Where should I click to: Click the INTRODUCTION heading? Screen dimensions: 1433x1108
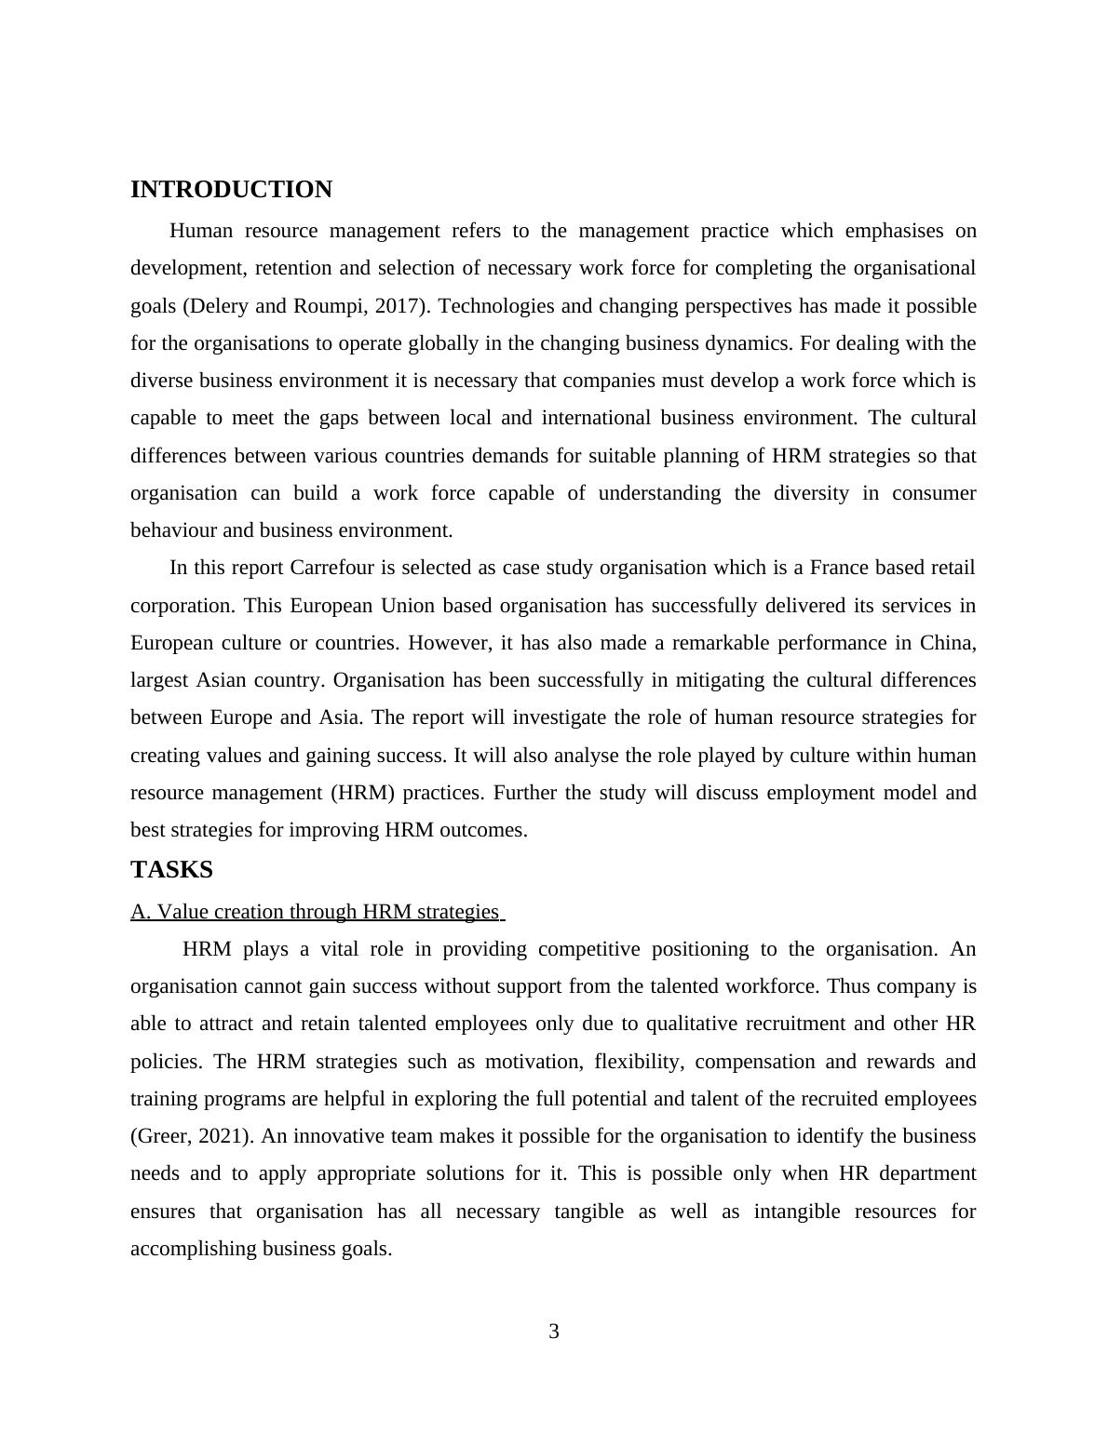click(231, 190)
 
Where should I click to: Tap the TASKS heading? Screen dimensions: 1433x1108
click(171, 870)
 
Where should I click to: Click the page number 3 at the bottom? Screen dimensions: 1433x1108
click(554, 1332)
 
